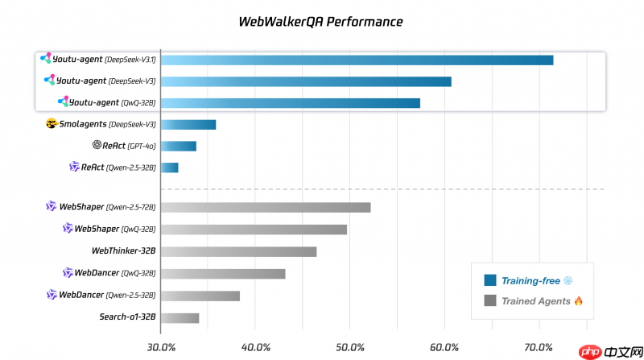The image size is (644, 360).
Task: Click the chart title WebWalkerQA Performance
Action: pyautogui.click(x=321, y=22)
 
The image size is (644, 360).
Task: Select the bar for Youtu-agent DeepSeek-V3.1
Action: pyautogui.click(x=357, y=60)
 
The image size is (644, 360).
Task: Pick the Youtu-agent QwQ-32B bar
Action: pyautogui.click(x=290, y=102)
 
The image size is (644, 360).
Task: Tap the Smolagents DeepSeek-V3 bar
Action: pyautogui.click(x=188, y=124)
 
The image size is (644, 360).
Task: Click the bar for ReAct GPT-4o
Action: pyautogui.click(x=178, y=146)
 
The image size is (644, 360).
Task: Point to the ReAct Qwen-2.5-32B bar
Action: pyautogui.click(x=169, y=168)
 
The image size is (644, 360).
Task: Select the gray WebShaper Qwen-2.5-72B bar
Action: pyautogui.click(x=266, y=207)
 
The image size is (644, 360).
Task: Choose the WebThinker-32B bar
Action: pyautogui.click(x=238, y=251)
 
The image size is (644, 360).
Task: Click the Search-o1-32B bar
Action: pyautogui.click(x=180, y=317)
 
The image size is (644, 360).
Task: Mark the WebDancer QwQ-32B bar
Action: pyautogui.click(x=223, y=273)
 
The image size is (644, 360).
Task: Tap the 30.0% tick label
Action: pyautogui.click(x=161, y=347)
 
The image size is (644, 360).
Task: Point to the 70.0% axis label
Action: pyautogui.click(x=539, y=347)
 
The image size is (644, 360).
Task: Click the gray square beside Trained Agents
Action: pyautogui.click(x=489, y=301)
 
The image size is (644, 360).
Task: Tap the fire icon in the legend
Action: pyautogui.click(x=578, y=301)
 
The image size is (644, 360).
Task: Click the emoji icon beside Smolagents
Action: pyautogui.click(x=52, y=124)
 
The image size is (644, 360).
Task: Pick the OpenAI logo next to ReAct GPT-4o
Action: pyautogui.click(x=97, y=146)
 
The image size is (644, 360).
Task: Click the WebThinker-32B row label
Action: pyautogui.click(x=123, y=251)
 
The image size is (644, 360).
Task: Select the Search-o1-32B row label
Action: pyautogui.click(x=127, y=317)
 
